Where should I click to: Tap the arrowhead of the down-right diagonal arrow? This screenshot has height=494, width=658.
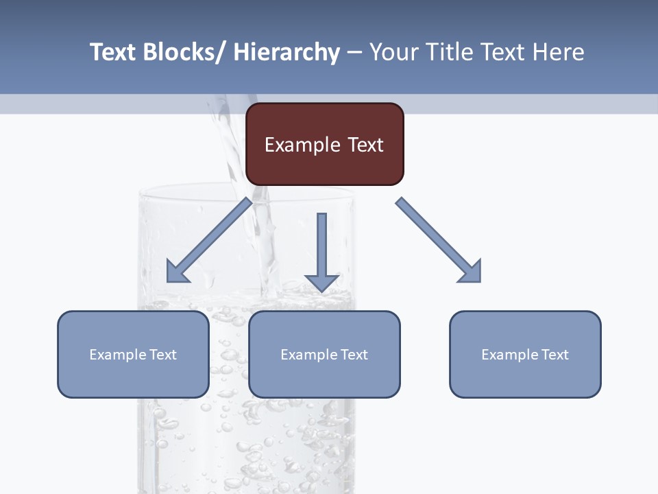472,273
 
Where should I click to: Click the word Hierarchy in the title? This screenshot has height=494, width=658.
287,52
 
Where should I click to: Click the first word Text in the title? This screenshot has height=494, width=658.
112,52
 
